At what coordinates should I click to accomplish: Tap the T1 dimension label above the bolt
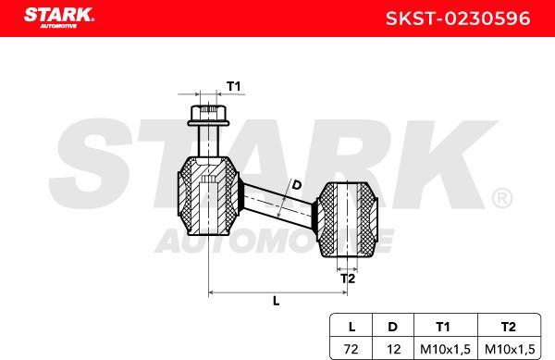[234, 86]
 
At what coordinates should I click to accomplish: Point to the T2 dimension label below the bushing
[348, 278]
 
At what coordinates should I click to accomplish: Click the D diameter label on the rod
[296, 185]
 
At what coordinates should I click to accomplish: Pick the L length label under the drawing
[277, 301]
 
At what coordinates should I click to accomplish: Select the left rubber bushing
[207, 197]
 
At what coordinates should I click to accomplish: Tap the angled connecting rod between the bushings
[277, 205]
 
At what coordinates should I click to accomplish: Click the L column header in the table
[351, 326]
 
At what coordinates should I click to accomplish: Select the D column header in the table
[393, 326]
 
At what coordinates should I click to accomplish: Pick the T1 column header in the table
[444, 326]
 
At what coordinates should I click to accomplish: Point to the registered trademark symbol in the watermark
[500, 199]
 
